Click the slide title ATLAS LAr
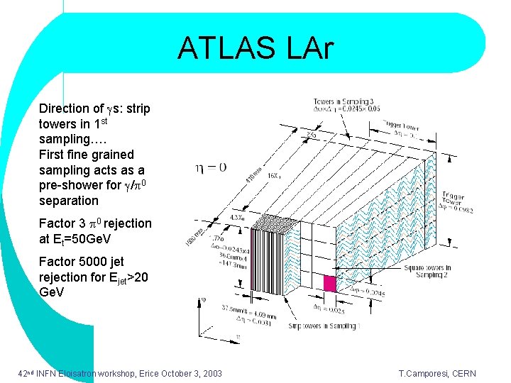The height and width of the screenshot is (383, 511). tap(255, 48)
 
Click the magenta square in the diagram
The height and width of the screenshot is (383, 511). tap(329, 283)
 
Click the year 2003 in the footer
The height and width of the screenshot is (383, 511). tap(210, 374)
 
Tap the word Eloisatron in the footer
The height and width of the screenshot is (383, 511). tap(80, 374)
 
